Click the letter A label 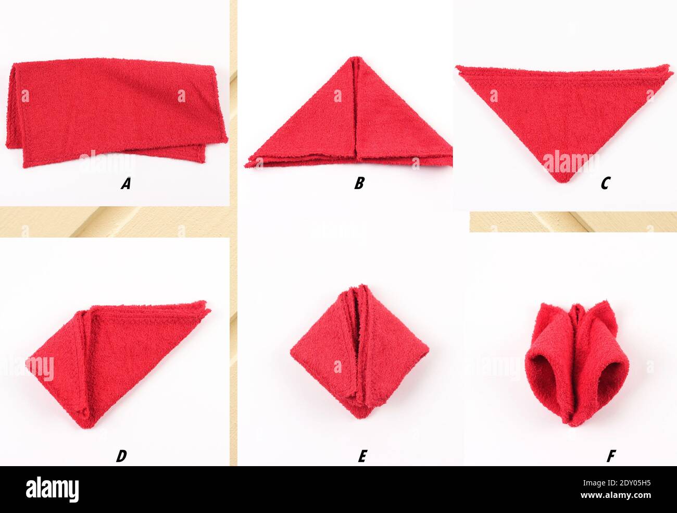click(125, 183)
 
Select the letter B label click(359, 183)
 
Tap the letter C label click(605, 183)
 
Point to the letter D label click(121, 456)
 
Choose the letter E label click(362, 456)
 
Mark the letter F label click(611, 456)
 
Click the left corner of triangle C click(457, 67)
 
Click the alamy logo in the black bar click(52, 490)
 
